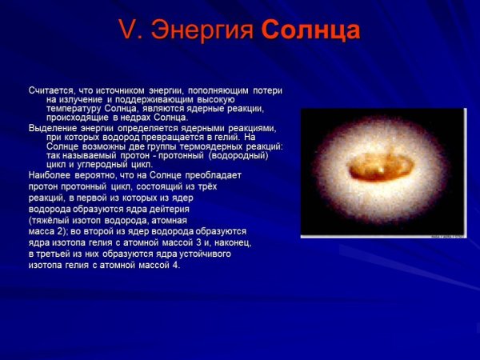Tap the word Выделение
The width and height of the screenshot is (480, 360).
[x=50, y=128]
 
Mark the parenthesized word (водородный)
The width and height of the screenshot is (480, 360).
[x=239, y=156]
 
